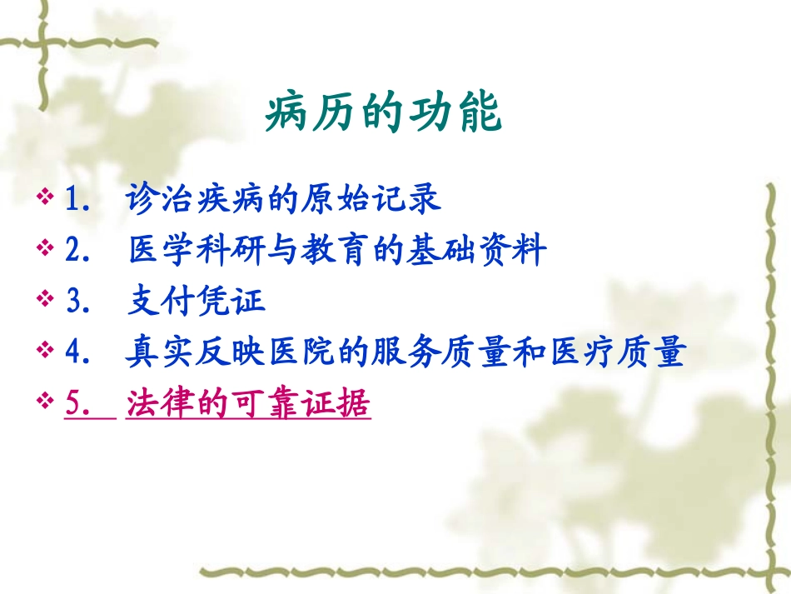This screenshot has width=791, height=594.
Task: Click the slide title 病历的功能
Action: [384, 114]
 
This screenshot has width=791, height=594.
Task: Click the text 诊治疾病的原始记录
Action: [283, 200]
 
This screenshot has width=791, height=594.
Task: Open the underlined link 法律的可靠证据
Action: [248, 405]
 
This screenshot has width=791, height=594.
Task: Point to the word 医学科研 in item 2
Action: [197, 251]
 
